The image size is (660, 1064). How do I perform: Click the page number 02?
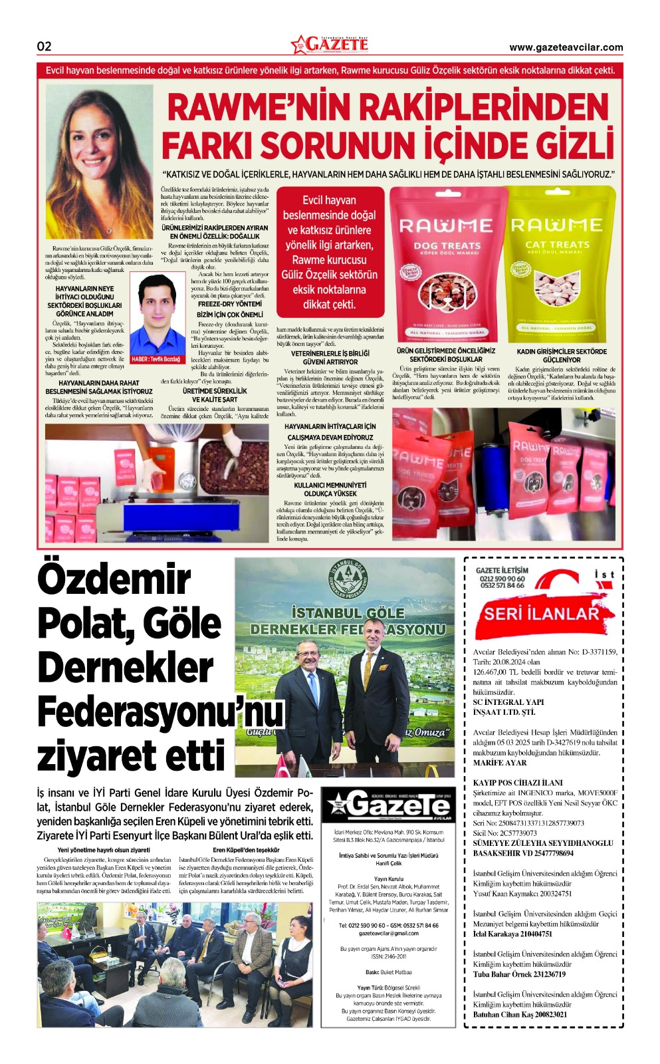click(44, 46)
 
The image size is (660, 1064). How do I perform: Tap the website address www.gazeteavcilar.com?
click(566, 47)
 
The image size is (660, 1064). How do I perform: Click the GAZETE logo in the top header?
click(330, 45)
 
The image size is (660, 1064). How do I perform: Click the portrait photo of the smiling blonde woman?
click(99, 162)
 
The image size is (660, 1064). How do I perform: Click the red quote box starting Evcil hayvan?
click(330, 252)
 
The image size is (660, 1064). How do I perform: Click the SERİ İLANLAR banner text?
click(541, 613)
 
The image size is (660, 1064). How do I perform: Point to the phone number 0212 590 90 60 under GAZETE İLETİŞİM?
click(502, 579)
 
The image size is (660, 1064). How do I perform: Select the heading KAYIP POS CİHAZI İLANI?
click(518, 783)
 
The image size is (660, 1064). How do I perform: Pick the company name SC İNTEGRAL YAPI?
click(508, 702)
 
